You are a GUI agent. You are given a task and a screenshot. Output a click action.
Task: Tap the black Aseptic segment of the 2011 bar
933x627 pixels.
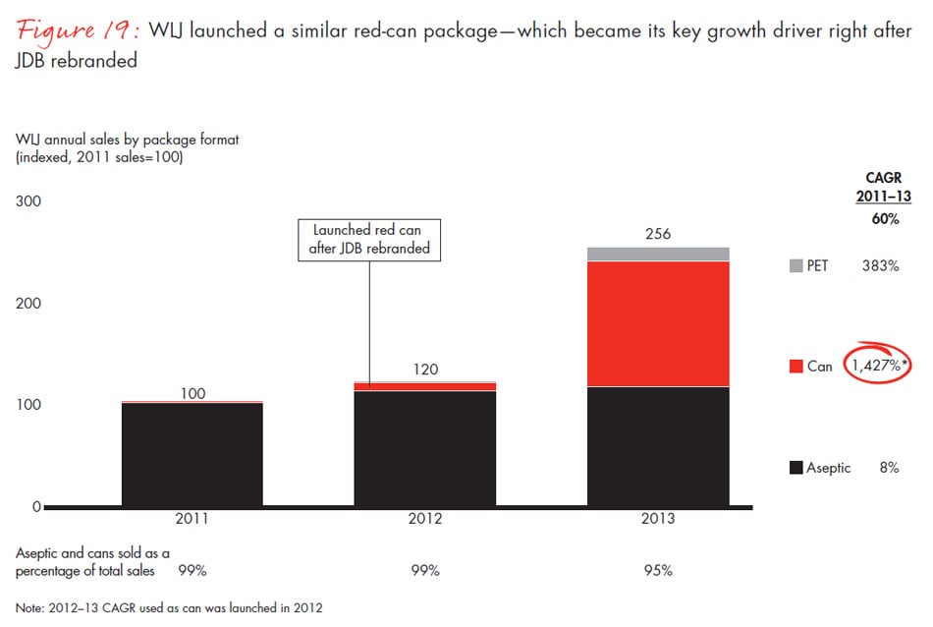pyautogui.click(x=193, y=454)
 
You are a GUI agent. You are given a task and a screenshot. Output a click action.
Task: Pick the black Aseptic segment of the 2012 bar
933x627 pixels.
pyautogui.click(x=425, y=448)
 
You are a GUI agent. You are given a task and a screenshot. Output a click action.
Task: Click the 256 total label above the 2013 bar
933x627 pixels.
pyautogui.click(x=659, y=234)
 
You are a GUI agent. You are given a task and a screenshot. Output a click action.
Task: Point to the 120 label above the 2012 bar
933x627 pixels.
pyautogui.click(x=425, y=370)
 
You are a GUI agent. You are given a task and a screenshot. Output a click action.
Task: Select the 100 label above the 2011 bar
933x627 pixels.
pyautogui.click(x=193, y=393)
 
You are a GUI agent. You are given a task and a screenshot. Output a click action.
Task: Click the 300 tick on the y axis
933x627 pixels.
pyautogui.click(x=28, y=201)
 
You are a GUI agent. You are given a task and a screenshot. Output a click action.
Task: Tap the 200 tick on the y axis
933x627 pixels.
pyautogui.click(x=28, y=303)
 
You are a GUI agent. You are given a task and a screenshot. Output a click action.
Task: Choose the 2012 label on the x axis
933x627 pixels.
pyautogui.click(x=425, y=519)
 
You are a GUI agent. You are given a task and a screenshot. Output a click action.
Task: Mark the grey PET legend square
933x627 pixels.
pyautogui.click(x=796, y=265)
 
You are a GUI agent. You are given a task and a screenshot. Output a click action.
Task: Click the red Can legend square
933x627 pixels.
pyautogui.click(x=796, y=367)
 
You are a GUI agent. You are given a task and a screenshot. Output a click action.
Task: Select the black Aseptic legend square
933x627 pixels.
pyautogui.click(x=796, y=468)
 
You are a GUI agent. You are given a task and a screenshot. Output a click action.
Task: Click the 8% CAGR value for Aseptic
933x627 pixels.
pyautogui.click(x=889, y=468)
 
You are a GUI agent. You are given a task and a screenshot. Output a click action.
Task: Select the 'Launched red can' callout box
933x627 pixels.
pyautogui.click(x=370, y=239)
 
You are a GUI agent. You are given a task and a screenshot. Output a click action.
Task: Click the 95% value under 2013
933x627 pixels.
pyautogui.click(x=659, y=570)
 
